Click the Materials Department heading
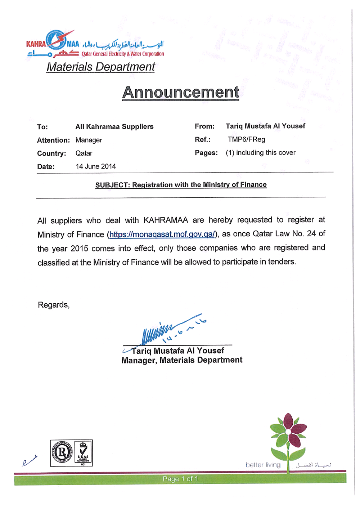coord(100,67)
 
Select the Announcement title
coord(180,92)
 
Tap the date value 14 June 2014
coord(96,166)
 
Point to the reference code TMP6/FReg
coord(246,139)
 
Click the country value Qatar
coord(84,153)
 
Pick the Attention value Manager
coord(89,140)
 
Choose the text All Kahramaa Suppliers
coord(114,126)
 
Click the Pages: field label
coord(206,153)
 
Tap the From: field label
coord(204,126)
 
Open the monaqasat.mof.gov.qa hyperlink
coord(162,235)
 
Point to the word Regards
coord(54,305)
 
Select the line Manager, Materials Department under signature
coord(182,360)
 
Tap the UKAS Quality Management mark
coord(83,453)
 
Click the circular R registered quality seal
coord(62,452)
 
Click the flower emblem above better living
coord(288,436)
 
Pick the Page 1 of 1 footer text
coord(180,479)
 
